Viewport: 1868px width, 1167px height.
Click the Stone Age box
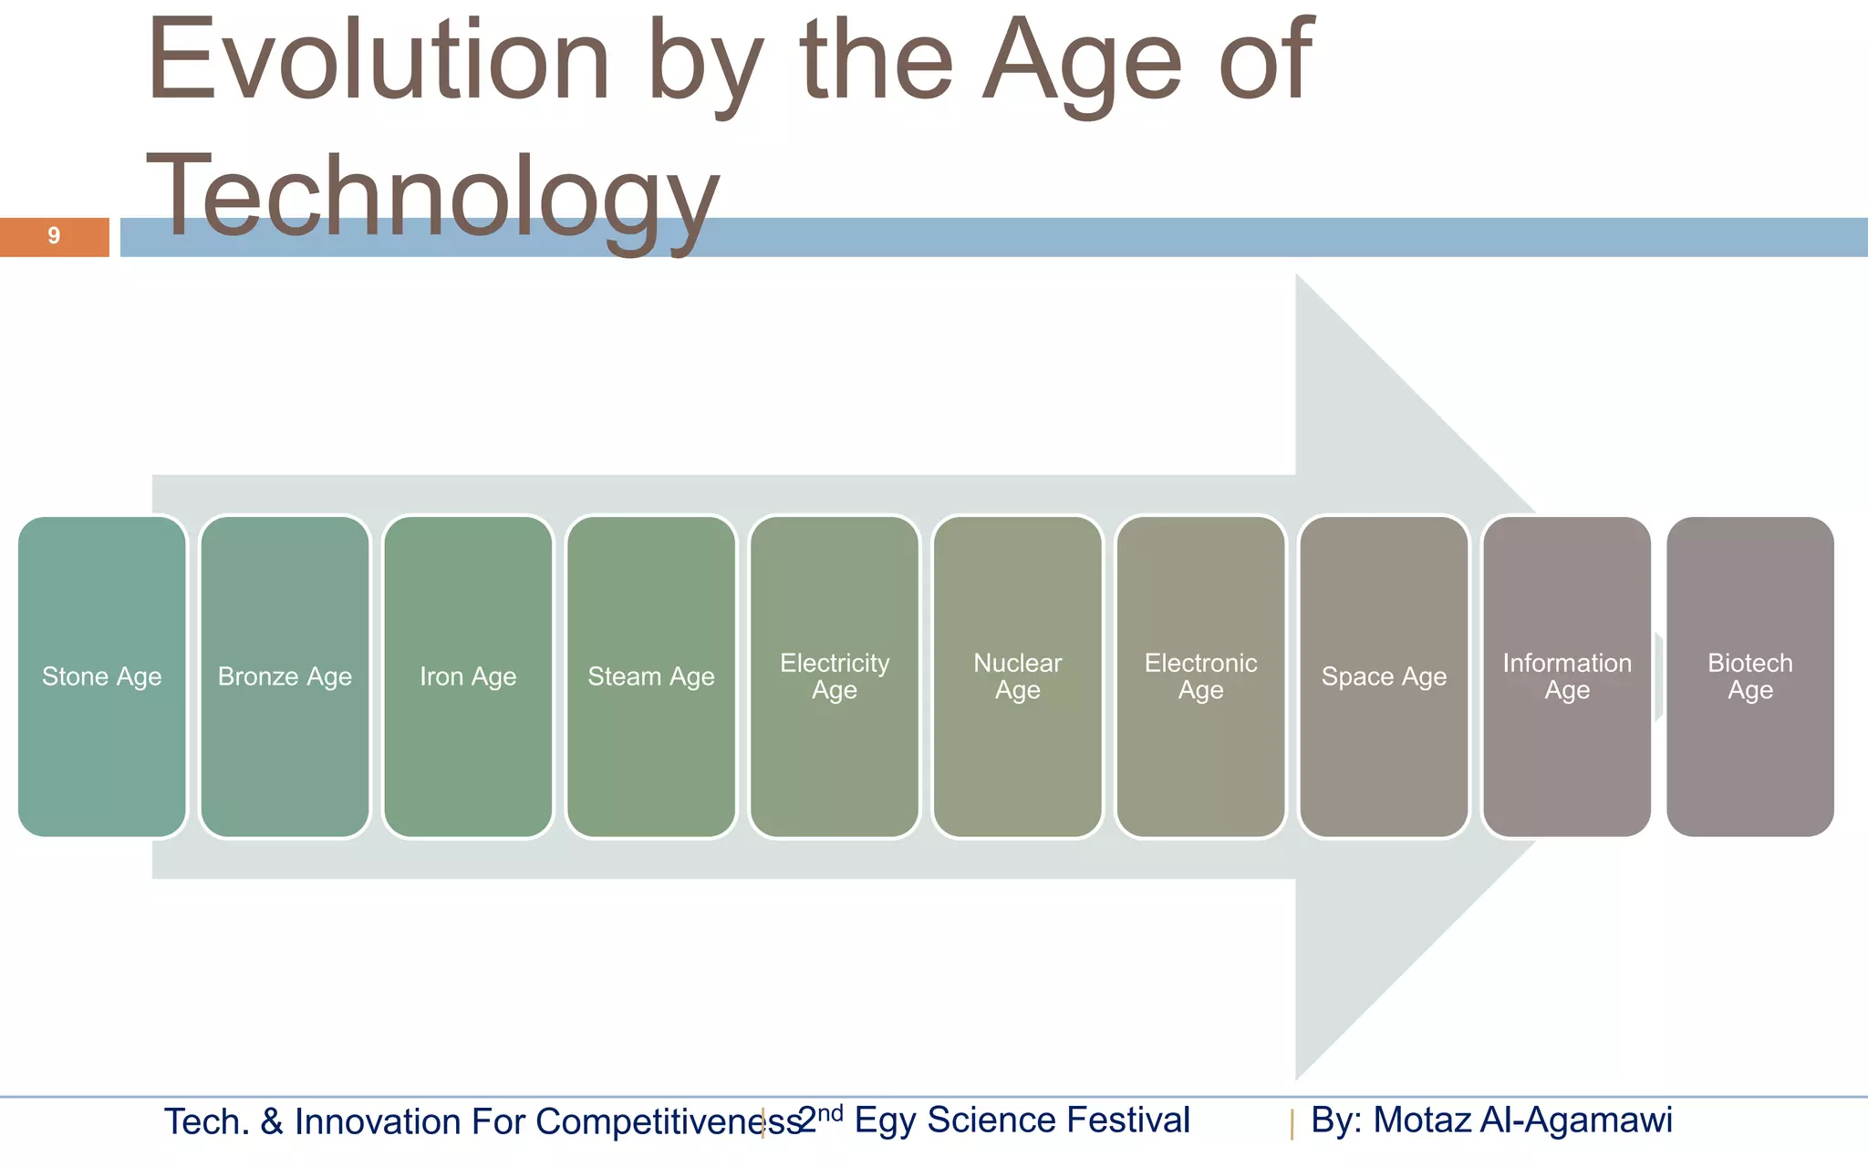point(101,676)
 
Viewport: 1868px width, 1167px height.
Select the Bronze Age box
point(285,676)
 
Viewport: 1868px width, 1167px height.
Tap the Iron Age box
point(468,676)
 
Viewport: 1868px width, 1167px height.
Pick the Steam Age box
point(651,676)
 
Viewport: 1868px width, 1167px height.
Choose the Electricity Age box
point(835,676)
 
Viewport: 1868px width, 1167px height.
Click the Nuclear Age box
point(1018,676)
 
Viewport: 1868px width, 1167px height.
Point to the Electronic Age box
point(1200,676)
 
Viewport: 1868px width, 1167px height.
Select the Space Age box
point(1384,676)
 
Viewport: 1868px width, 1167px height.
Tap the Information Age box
point(1567,676)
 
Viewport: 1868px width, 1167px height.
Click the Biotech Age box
point(1750,676)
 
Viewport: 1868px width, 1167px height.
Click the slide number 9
point(54,236)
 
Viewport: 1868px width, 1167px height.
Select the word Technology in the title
point(433,196)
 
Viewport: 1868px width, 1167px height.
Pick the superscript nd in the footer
point(830,1112)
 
